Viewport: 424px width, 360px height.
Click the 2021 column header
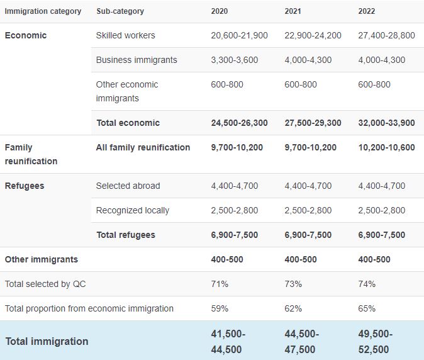click(x=293, y=11)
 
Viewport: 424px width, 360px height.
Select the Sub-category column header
click(x=120, y=11)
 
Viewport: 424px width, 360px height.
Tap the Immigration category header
click(x=43, y=11)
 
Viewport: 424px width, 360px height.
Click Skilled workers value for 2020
click(x=239, y=35)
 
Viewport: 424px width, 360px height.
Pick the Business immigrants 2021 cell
click(x=308, y=60)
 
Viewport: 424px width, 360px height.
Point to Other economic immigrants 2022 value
click(x=374, y=84)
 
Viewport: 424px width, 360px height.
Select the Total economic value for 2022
click(x=387, y=123)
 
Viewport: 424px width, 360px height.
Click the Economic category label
click(x=26, y=35)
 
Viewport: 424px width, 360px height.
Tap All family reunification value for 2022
click(x=387, y=147)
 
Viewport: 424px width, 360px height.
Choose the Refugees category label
click(x=25, y=186)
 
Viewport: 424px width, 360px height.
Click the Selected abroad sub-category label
click(x=128, y=186)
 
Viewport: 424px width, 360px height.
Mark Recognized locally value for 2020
click(x=235, y=210)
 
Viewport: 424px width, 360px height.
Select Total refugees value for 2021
click(x=308, y=235)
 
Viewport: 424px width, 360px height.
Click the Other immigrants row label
click(x=42, y=259)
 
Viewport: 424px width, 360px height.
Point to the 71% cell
click(x=220, y=284)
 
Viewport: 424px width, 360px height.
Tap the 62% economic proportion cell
click(x=293, y=308)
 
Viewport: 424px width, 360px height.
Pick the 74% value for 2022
click(x=367, y=284)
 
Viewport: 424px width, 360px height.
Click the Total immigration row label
click(x=47, y=341)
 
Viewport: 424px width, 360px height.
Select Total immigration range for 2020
click(x=228, y=342)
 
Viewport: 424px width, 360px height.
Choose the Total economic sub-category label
click(x=128, y=123)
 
